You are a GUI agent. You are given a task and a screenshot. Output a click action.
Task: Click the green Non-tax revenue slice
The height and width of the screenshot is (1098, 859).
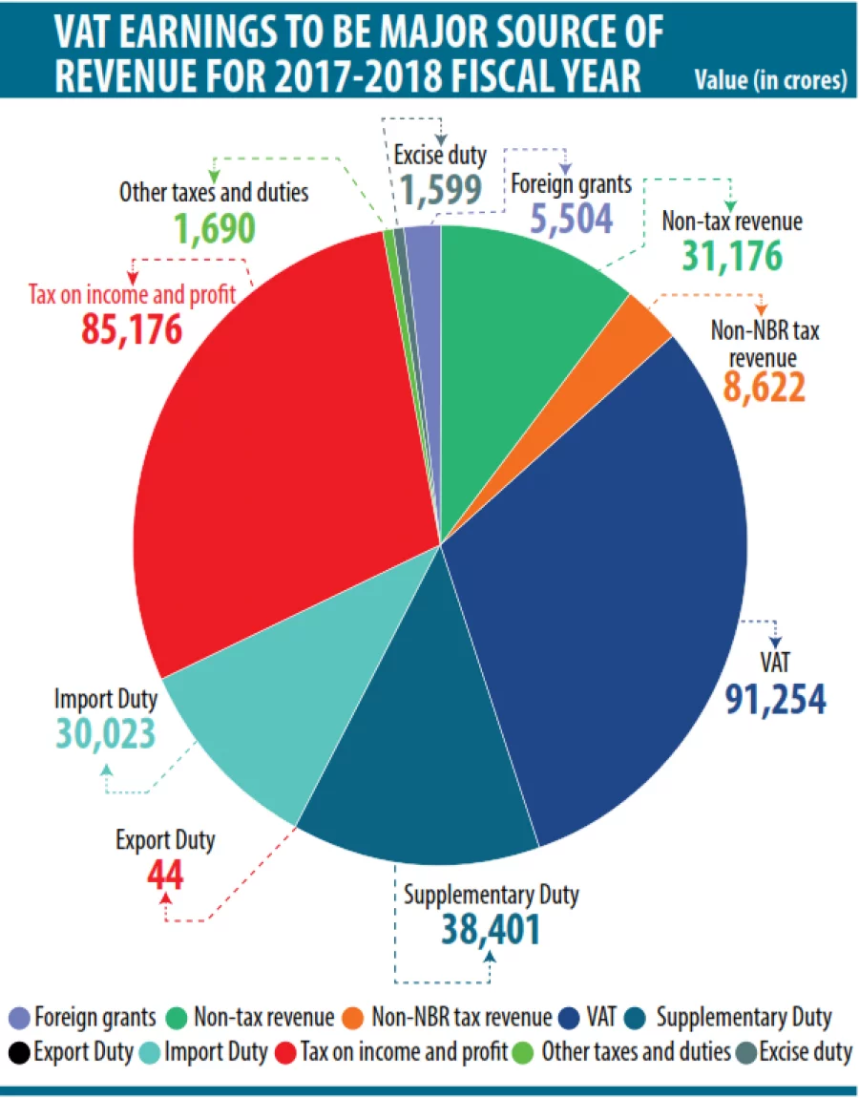tap(525, 306)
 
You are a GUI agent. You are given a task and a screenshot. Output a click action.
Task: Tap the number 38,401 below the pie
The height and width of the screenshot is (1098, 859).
tap(491, 929)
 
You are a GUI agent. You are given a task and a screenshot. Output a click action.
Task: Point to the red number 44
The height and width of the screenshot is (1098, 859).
tap(165, 874)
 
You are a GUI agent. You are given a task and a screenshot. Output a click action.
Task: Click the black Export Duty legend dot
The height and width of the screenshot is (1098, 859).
tap(19, 1052)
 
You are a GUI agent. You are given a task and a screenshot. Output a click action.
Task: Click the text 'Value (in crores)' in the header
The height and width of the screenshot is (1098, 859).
tap(770, 80)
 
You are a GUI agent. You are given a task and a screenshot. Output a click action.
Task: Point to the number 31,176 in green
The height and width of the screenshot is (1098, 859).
tap(731, 255)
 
